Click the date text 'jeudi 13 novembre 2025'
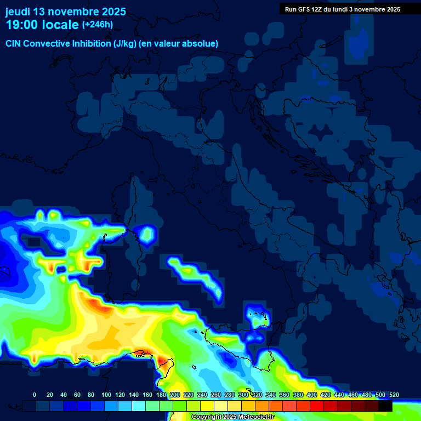[x=65, y=12]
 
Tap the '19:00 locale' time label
[x=42, y=25]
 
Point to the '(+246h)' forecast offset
[x=97, y=24]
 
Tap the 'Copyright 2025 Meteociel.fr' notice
[x=232, y=417]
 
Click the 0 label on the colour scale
[x=35, y=395]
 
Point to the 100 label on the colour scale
[x=106, y=395]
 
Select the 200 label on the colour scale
[x=175, y=395]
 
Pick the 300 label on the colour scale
[x=243, y=395]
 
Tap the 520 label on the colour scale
[x=394, y=395]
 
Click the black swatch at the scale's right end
[x=385, y=406]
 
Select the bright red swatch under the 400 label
[x=317, y=406]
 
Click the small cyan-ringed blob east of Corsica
[x=146, y=235]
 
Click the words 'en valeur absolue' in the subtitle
[x=183, y=43]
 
